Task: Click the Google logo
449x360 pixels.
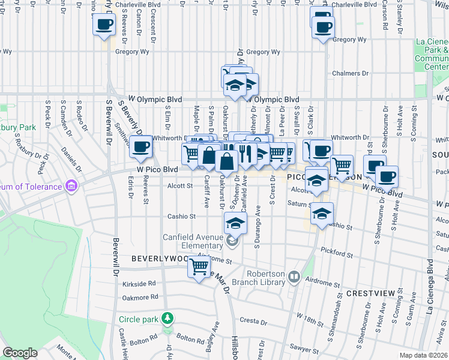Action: [20, 353]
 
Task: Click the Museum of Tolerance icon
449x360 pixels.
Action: [72, 186]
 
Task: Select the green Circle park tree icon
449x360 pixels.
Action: [169, 317]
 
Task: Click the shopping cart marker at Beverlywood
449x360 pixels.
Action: [199, 266]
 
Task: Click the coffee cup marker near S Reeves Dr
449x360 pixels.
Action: [104, 26]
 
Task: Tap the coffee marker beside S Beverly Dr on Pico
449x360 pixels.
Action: [141, 147]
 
